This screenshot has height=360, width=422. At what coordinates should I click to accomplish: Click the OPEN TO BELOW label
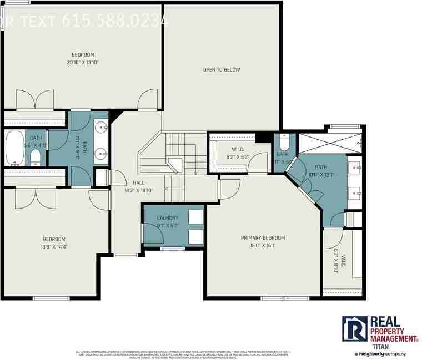tap(221, 70)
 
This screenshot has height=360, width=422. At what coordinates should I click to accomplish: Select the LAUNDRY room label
tap(167, 218)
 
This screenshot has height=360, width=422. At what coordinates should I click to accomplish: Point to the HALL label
tap(139, 182)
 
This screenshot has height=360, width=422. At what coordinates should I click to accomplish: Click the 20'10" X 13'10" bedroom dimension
tap(83, 62)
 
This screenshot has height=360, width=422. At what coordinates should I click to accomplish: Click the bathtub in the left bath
tap(14, 149)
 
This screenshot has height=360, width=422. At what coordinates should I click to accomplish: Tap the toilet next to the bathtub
tap(35, 157)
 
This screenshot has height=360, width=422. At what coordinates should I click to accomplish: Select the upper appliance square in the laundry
tap(195, 216)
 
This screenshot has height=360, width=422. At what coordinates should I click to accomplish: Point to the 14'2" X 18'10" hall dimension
tap(139, 190)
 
